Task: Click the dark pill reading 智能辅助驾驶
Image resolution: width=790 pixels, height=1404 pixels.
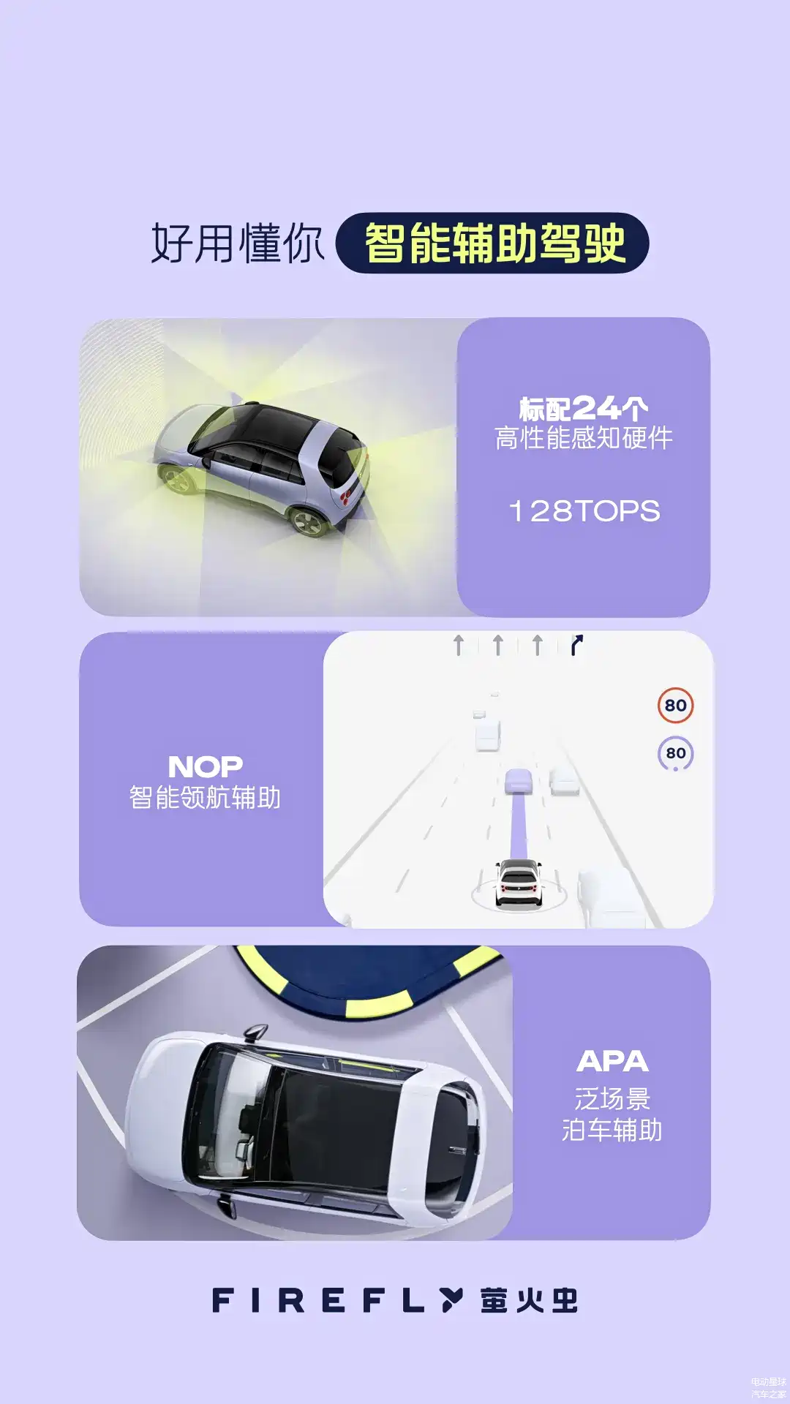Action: pos(492,243)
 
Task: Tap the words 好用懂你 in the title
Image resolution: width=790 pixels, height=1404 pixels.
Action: pos(237,244)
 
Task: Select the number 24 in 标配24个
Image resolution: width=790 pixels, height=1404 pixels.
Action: pos(597,407)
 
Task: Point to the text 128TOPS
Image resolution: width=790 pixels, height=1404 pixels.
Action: pos(584,511)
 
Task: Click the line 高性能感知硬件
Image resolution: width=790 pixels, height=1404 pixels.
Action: pos(584,439)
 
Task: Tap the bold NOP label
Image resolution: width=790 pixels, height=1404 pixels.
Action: pos(206,766)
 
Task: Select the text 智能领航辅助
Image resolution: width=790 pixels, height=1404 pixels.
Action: pos(205,797)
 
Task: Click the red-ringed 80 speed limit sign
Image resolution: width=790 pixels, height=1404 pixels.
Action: pos(675,706)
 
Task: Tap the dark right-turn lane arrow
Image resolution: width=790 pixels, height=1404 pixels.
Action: pos(576,645)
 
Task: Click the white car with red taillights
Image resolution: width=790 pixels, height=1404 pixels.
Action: pos(519,883)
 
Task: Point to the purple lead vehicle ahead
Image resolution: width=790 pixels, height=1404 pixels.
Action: pos(519,780)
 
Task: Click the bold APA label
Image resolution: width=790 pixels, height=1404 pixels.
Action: pos(612,1061)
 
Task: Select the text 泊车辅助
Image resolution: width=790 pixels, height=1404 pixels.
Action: pos(612,1130)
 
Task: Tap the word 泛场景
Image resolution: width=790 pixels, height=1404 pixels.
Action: pos(612,1098)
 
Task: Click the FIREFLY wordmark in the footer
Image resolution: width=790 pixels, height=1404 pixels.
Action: pos(337,1300)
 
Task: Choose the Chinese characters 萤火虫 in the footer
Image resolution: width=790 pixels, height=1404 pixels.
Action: pos(529,1300)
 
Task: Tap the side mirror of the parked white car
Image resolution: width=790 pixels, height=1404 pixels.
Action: pos(254,1033)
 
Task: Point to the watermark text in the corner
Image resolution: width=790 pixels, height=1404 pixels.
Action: pos(768,1388)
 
